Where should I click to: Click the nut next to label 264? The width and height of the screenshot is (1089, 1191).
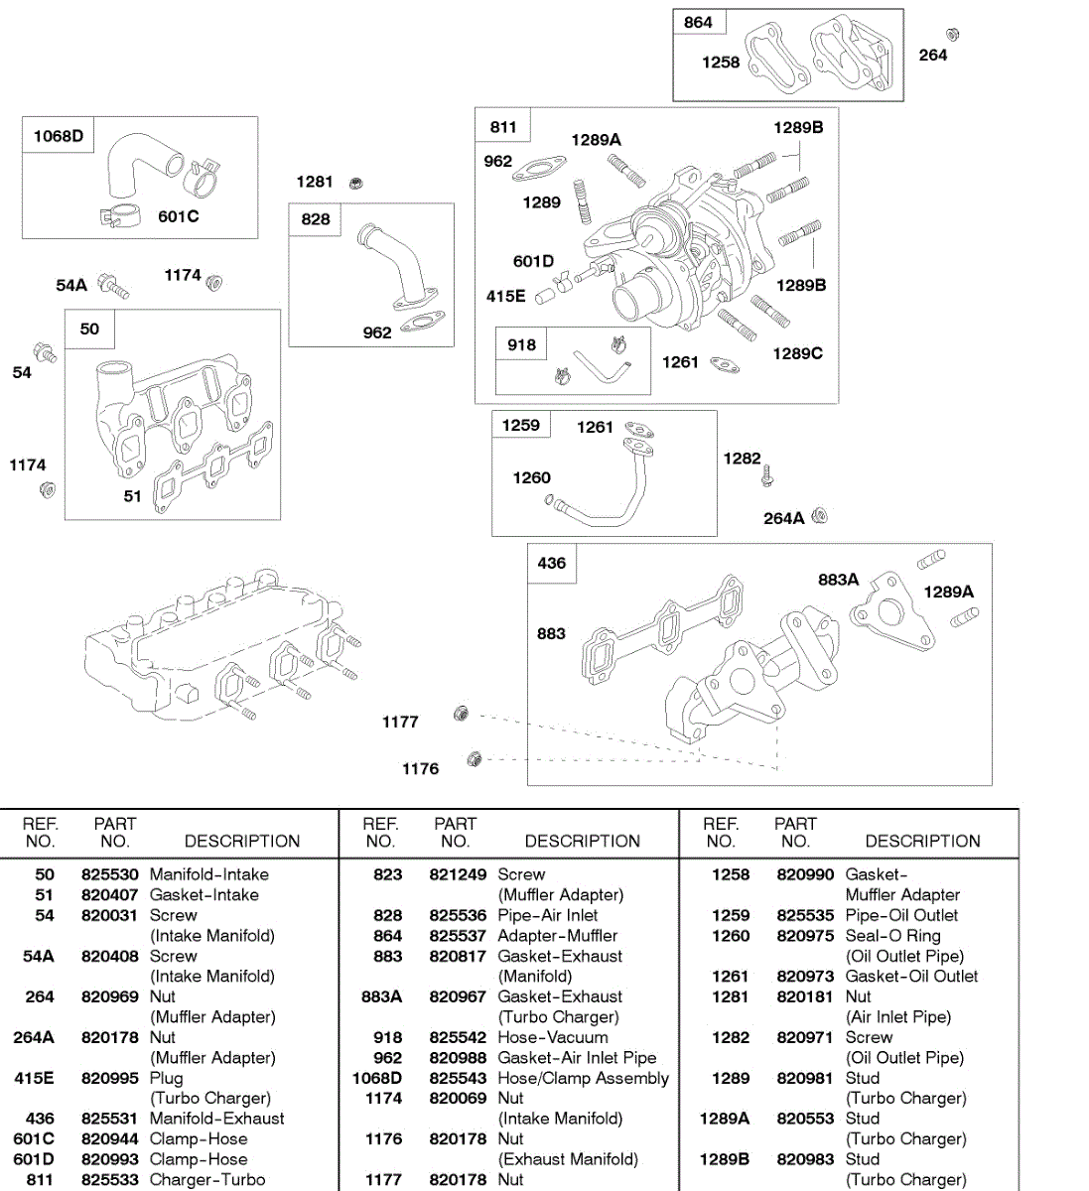(952, 35)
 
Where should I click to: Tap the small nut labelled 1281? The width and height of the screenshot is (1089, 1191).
(357, 183)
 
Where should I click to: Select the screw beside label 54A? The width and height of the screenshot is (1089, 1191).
(112, 287)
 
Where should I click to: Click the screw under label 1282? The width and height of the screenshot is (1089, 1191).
(766, 477)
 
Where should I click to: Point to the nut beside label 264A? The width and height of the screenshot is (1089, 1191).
(819, 516)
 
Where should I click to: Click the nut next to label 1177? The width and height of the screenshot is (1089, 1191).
(461, 714)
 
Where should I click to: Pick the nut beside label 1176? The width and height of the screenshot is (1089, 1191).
(474, 759)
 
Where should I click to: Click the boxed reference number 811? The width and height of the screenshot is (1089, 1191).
(503, 127)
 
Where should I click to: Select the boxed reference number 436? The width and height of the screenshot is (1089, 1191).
(551, 563)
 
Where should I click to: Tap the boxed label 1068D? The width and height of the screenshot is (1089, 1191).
(59, 136)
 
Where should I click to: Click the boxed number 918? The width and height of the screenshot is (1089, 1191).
(521, 345)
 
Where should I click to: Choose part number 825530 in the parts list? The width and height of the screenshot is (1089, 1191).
(109, 874)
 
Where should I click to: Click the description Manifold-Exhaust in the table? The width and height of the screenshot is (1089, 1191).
(216, 1119)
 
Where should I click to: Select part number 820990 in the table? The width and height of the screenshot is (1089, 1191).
(805, 874)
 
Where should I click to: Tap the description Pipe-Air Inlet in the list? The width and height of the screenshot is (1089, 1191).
(548, 915)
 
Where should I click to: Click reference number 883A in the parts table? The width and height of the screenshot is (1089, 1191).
(382, 996)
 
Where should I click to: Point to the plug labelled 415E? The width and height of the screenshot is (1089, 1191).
(543, 296)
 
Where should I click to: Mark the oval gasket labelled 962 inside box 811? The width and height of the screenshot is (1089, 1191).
(538, 172)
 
